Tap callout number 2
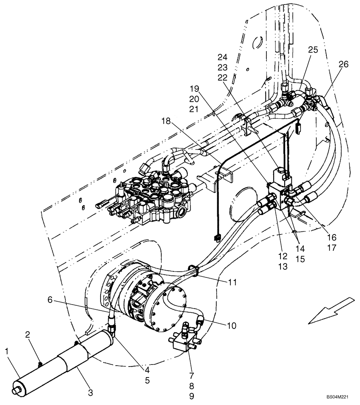click(28, 334)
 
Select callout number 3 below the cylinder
click(90, 392)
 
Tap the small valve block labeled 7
click(184, 339)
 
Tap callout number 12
click(282, 256)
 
